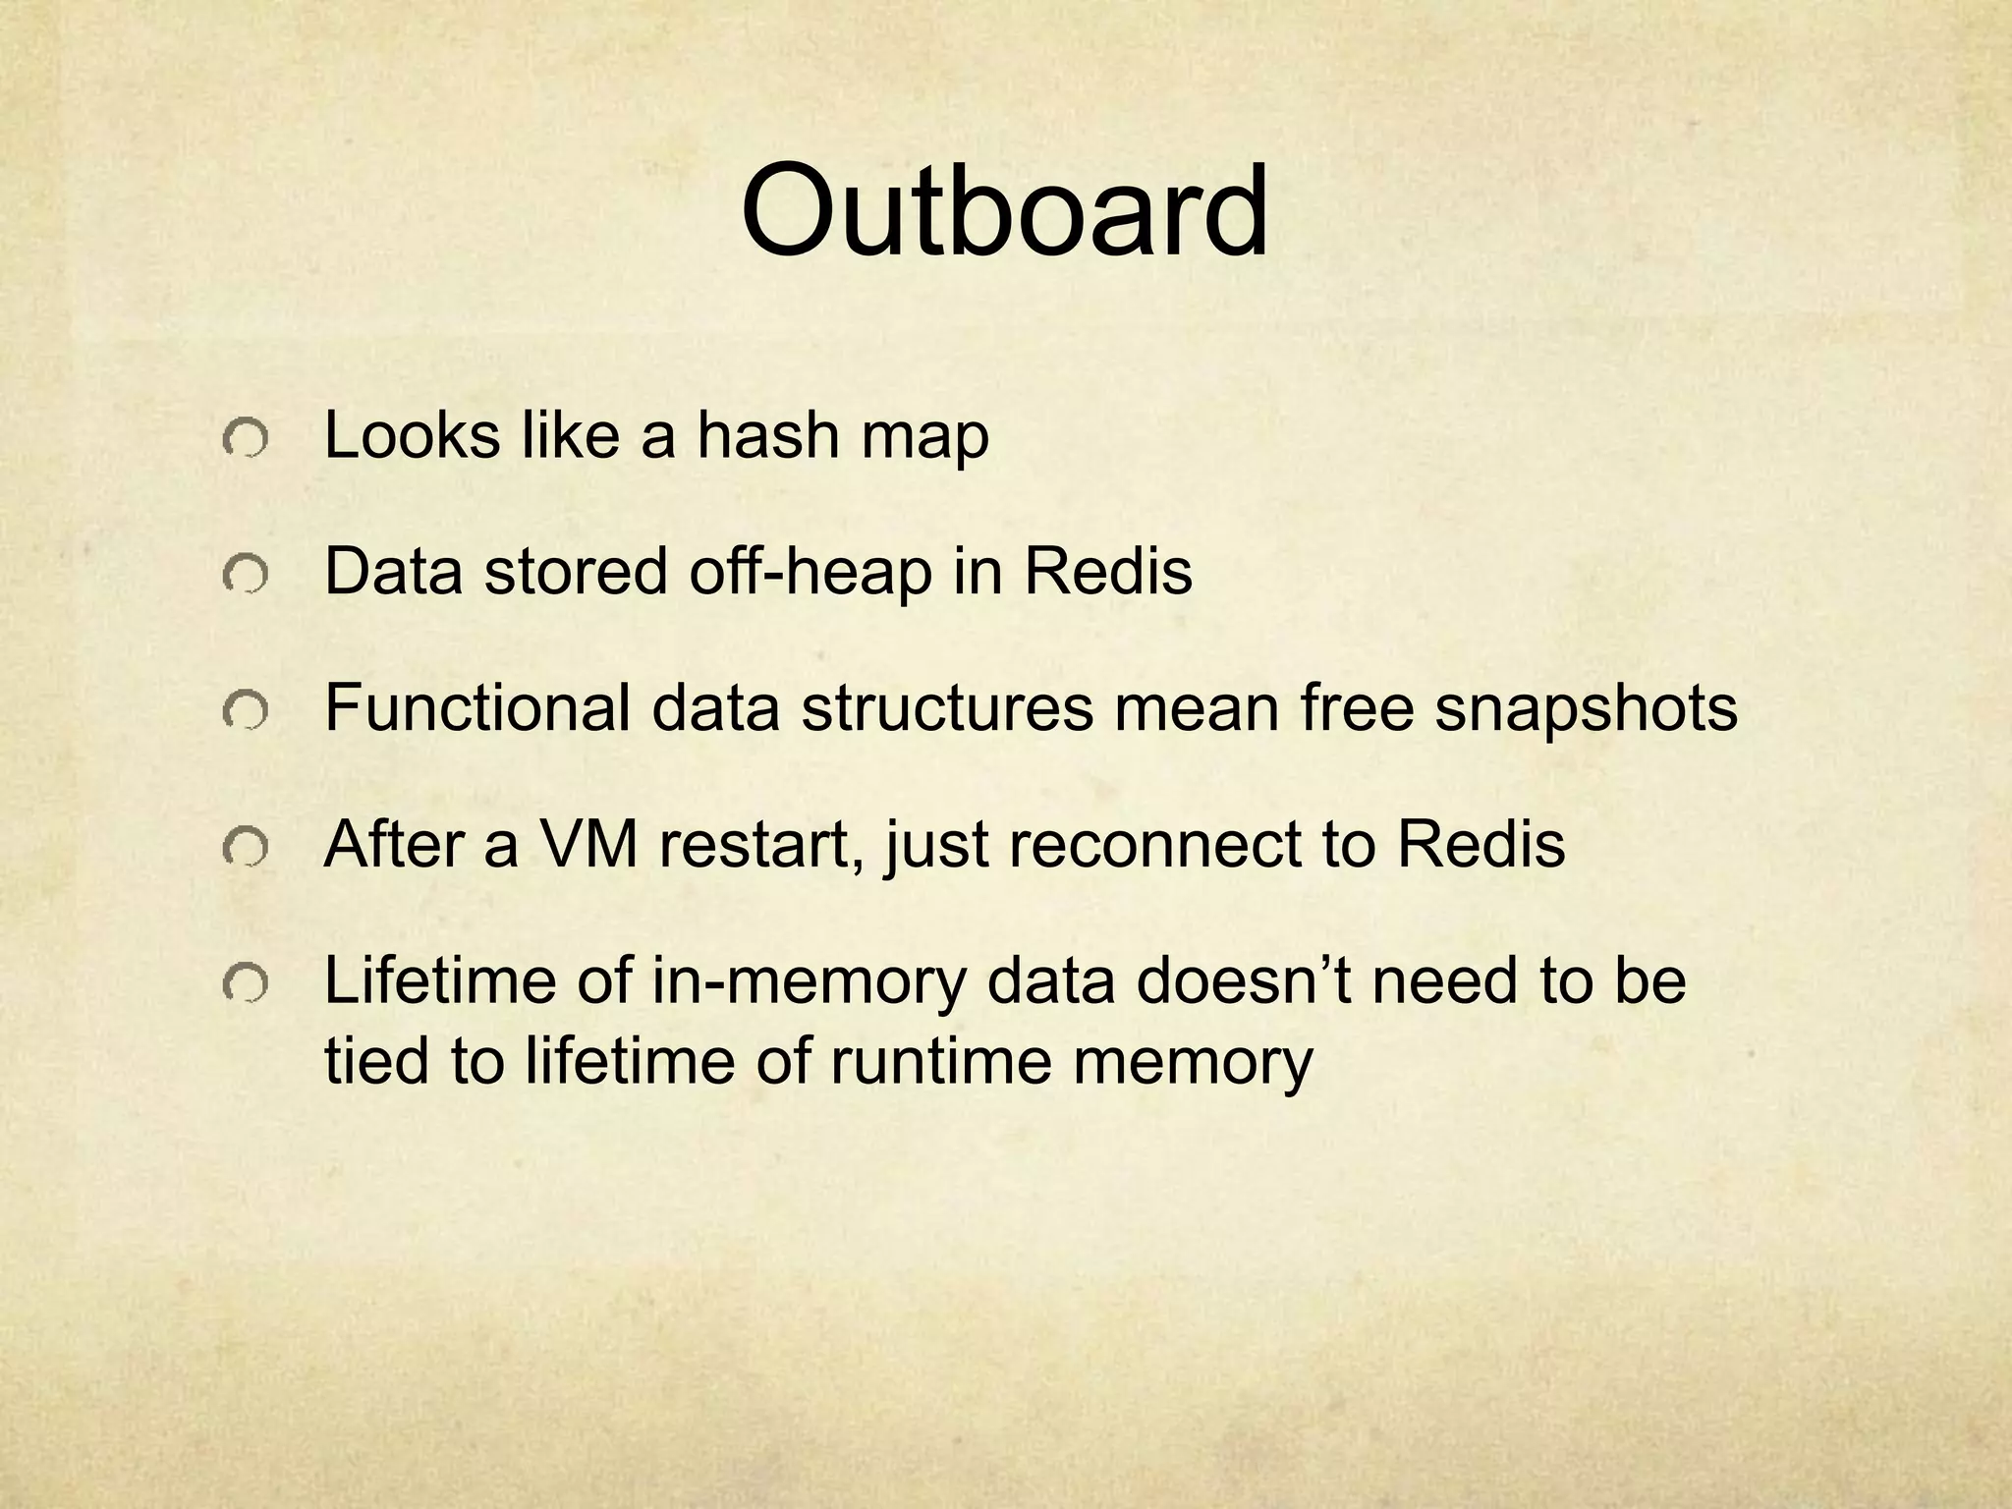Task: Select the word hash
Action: [767, 435]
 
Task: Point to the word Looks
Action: [412, 435]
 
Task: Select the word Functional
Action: [477, 708]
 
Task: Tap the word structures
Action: [946, 708]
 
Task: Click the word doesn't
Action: [1244, 980]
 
